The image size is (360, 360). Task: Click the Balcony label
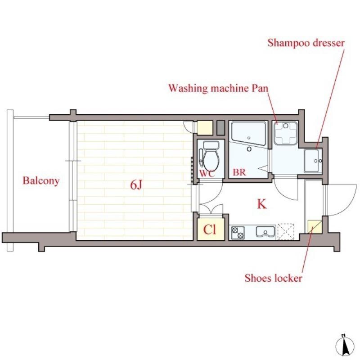pyautogui.click(x=41, y=181)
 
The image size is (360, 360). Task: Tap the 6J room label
pyautogui.click(x=137, y=184)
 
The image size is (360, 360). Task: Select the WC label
pyautogui.click(x=207, y=174)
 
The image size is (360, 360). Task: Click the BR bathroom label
pyautogui.click(x=239, y=172)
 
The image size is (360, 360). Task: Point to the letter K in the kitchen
pyautogui.click(x=262, y=204)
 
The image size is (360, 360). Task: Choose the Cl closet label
pyautogui.click(x=210, y=229)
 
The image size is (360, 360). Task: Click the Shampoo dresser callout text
pyautogui.click(x=306, y=43)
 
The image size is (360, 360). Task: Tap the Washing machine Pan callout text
pyautogui.click(x=218, y=88)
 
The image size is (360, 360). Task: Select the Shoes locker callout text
pyautogui.click(x=273, y=278)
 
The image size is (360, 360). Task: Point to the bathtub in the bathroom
pyautogui.click(x=249, y=133)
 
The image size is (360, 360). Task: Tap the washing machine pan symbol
pyautogui.click(x=286, y=133)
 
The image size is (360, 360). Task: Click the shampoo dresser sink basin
pyautogui.click(x=311, y=161)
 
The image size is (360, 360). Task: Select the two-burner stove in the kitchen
pyautogui.click(x=238, y=233)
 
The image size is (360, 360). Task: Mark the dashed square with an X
pyautogui.click(x=285, y=231)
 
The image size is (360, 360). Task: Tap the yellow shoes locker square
pyautogui.click(x=315, y=227)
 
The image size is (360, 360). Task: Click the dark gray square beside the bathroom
pyautogui.click(x=220, y=128)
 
